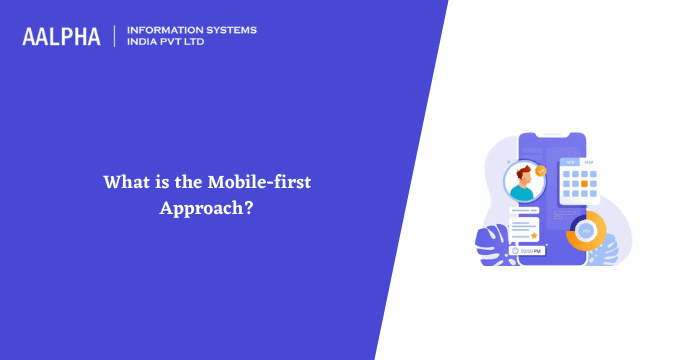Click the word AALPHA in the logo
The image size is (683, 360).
click(61, 37)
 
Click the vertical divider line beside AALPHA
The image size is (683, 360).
click(114, 36)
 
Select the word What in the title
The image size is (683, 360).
click(123, 182)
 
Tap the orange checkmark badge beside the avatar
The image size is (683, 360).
click(541, 171)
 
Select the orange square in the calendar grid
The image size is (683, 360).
click(593, 174)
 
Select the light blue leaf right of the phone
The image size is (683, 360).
click(604, 254)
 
